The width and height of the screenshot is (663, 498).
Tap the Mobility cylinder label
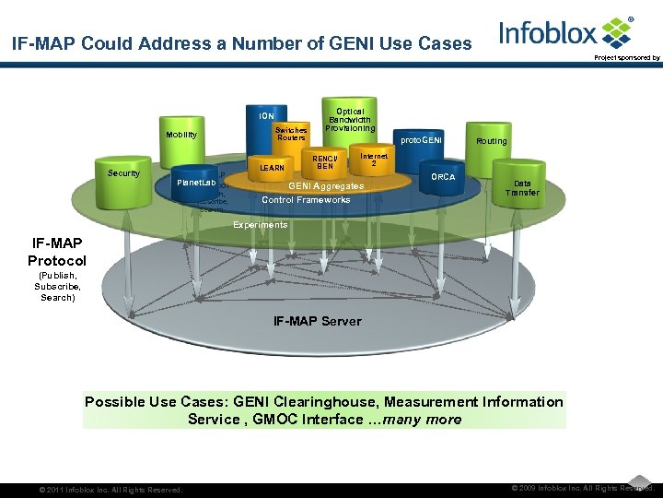tap(181, 135)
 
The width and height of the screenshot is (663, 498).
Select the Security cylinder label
tap(123, 173)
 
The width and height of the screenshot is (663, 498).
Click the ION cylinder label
tap(266, 116)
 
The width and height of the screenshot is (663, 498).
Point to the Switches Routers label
tap(292, 134)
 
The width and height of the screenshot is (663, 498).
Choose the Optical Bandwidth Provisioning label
tap(350, 120)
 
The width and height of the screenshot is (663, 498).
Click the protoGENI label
tap(421, 140)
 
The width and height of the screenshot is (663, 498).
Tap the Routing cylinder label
tap(492, 141)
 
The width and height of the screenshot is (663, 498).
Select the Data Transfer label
tap(522, 188)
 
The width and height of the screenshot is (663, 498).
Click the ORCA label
tap(443, 176)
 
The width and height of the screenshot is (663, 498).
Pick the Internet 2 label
tap(374, 160)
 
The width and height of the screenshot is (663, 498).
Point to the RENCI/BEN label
tap(325, 161)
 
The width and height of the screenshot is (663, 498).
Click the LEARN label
tap(272, 168)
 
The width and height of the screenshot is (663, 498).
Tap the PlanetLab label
tap(195, 184)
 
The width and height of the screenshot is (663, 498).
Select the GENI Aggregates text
tap(326, 186)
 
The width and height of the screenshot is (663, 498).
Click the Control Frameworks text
tap(306, 200)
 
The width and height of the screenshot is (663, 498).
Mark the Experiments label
tap(260, 225)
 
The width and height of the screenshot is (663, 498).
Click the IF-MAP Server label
tap(317, 321)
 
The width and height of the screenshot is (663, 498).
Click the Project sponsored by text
tap(626, 58)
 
